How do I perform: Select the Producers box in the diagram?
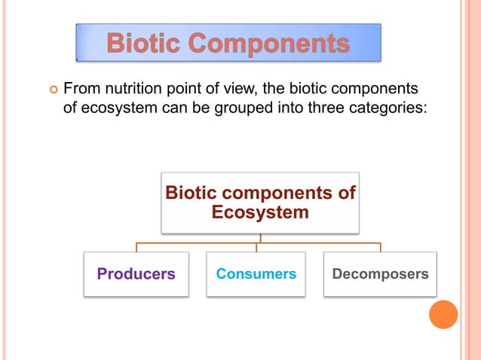pos(136,274)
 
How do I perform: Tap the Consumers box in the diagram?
pos(256,274)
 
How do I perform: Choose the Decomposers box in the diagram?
pos(380,274)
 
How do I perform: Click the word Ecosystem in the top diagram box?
pos(260,213)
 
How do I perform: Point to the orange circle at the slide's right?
pos(443,314)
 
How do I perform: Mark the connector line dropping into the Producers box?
pos(136,247)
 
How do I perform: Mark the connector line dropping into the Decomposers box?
pos(380,247)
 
